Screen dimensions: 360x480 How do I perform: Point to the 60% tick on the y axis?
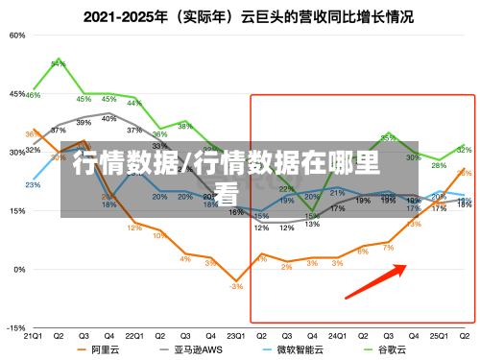[17, 35]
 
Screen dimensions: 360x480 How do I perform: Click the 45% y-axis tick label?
[17, 94]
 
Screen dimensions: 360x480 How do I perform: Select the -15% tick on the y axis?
[16, 327]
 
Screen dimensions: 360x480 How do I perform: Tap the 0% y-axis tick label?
[20, 269]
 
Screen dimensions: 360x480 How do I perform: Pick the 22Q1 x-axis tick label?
[134, 336]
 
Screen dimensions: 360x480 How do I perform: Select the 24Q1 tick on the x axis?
[337, 336]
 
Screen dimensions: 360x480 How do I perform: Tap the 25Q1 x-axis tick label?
[439, 336]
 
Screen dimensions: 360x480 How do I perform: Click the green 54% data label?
[59, 63]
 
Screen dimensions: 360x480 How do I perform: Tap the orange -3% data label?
[235, 287]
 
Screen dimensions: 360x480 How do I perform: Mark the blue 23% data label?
[33, 184]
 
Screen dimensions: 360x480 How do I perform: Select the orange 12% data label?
[134, 228]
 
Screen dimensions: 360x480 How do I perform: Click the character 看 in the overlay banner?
[228, 193]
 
